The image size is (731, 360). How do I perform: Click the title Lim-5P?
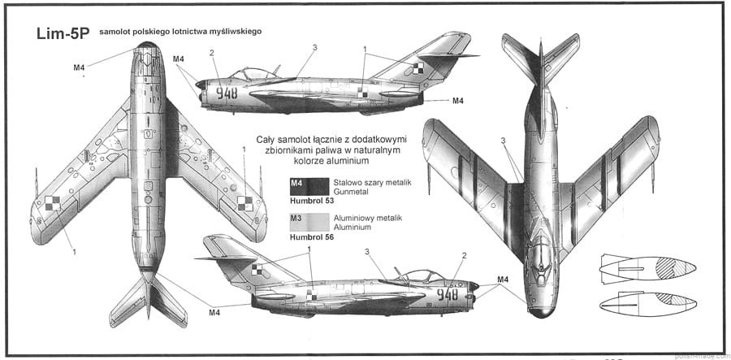pos(63,35)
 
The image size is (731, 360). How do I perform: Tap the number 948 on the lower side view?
pos(448,294)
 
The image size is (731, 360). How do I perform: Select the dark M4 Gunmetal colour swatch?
pos(309,186)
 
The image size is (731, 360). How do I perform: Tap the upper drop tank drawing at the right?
pos(647,269)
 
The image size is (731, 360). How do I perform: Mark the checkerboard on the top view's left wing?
pos(52,203)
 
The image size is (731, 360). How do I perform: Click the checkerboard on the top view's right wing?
pos(244,203)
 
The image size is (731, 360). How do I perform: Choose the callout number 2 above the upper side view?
pos(211,53)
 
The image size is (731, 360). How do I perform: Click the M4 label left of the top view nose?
pos(80,67)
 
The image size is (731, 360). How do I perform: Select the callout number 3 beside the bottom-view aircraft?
pos(504,141)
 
